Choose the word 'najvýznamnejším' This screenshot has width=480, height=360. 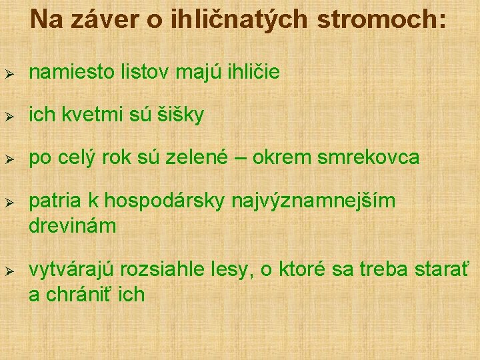pos(313,201)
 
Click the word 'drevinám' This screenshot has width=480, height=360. pos(73,225)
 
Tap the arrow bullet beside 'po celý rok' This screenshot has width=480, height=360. pos(9,158)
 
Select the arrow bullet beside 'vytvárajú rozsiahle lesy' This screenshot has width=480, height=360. pos(9,271)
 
